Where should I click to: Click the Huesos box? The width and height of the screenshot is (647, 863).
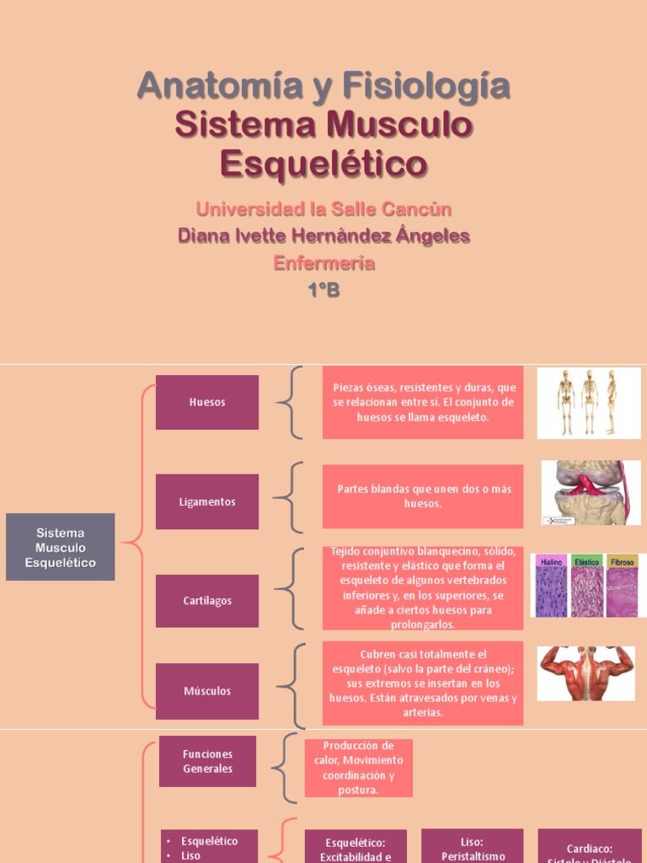tap(207, 402)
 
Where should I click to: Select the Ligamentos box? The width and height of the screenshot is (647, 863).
tap(207, 501)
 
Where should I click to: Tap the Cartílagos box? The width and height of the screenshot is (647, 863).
tap(207, 601)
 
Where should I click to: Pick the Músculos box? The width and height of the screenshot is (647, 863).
tap(207, 691)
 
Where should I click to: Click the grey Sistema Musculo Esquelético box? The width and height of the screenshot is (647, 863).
tap(60, 547)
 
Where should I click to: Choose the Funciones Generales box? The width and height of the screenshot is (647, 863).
tap(207, 761)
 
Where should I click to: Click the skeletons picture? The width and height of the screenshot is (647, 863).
tap(588, 403)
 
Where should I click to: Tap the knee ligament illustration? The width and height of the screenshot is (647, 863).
tap(591, 493)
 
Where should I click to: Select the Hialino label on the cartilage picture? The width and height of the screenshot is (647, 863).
tap(551, 561)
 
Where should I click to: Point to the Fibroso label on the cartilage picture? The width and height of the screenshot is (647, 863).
tap(622, 561)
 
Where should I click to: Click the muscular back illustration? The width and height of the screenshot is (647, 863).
tap(586, 673)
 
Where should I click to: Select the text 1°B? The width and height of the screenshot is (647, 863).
tap(323, 291)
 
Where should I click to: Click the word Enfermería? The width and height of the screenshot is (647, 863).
tap(323, 263)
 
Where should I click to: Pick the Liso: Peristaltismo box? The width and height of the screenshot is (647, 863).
tap(472, 846)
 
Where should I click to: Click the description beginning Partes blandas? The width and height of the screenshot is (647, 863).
tap(423, 496)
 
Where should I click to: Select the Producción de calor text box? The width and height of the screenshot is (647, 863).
tap(359, 768)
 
